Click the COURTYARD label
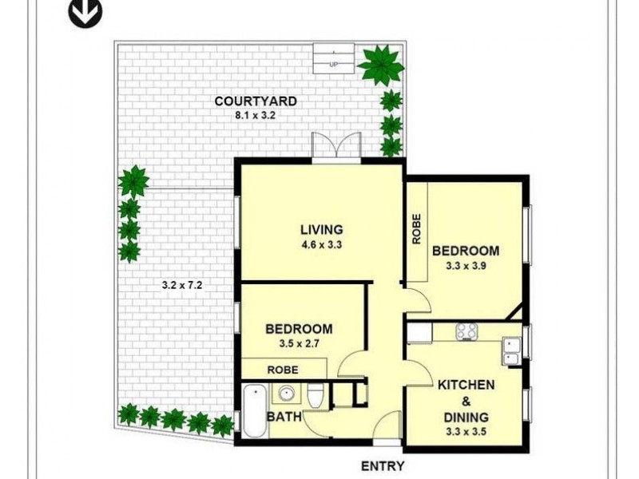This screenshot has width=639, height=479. [x=256, y=101]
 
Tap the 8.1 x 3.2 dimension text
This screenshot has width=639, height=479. [x=256, y=115]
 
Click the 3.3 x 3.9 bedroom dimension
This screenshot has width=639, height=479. [x=466, y=266]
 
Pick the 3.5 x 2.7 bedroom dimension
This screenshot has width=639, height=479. [x=299, y=343]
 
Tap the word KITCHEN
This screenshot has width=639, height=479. [x=466, y=385]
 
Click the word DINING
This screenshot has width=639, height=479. [x=466, y=417]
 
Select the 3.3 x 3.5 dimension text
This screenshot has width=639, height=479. [x=466, y=432]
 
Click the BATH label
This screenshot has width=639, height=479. [x=283, y=417]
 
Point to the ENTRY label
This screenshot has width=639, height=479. [x=383, y=466]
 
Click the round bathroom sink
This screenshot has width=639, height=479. [x=286, y=393]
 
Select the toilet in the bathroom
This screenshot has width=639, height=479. [x=316, y=396]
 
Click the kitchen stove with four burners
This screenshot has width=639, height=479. [x=466, y=331]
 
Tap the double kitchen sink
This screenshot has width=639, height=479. [x=511, y=345]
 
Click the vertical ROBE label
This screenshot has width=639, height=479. [x=416, y=230]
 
